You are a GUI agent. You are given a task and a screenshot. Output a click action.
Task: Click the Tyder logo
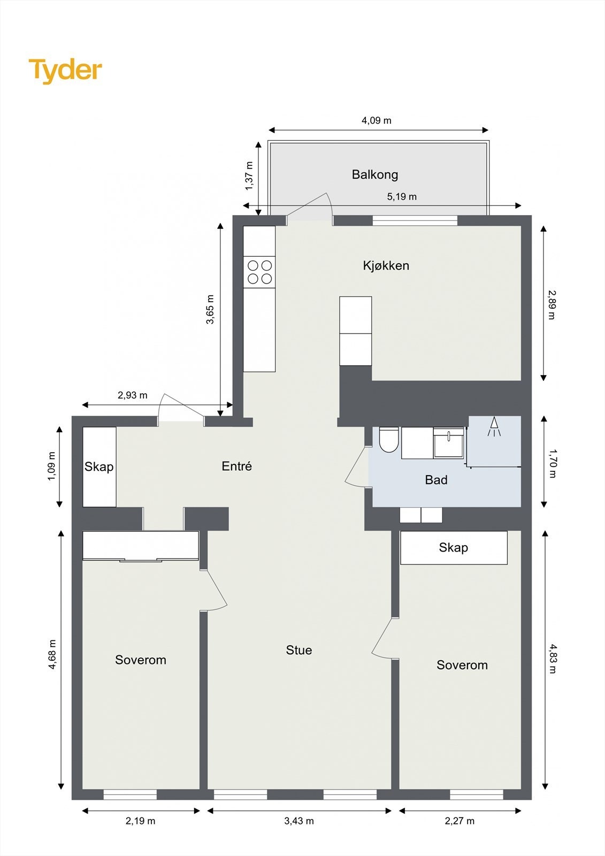click(x=65, y=71)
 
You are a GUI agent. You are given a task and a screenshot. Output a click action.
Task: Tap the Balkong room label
click(x=375, y=174)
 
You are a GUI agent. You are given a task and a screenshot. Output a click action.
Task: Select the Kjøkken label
click(x=386, y=265)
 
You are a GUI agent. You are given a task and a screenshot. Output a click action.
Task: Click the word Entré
click(x=236, y=466)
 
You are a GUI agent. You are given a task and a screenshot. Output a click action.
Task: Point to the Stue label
click(x=299, y=649)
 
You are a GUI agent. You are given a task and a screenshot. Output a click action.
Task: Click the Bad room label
click(x=436, y=479)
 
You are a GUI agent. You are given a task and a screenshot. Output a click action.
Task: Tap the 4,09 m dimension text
click(x=377, y=120)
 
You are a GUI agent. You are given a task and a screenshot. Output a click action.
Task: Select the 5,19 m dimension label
click(x=402, y=196)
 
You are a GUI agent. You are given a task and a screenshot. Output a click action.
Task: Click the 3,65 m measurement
click(x=210, y=309)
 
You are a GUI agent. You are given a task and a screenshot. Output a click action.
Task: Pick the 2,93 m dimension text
click(x=132, y=395)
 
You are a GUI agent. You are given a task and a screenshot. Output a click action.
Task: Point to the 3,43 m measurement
click(x=299, y=821)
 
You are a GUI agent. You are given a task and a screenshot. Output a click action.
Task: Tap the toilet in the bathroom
click(x=389, y=439)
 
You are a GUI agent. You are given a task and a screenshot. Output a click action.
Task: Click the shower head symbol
click(x=494, y=426)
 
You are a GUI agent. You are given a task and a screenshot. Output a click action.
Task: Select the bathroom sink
click(x=448, y=442)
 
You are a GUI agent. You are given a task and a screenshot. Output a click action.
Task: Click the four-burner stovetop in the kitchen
click(x=259, y=272)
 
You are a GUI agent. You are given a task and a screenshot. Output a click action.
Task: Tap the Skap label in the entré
click(x=99, y=467)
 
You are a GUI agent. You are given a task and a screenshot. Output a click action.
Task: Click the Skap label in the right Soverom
click(x=453, y=547)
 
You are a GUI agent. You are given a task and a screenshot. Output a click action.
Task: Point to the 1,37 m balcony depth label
click(x=249, y=176)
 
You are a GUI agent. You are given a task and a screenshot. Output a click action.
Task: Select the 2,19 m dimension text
click(x=140, y=821)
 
